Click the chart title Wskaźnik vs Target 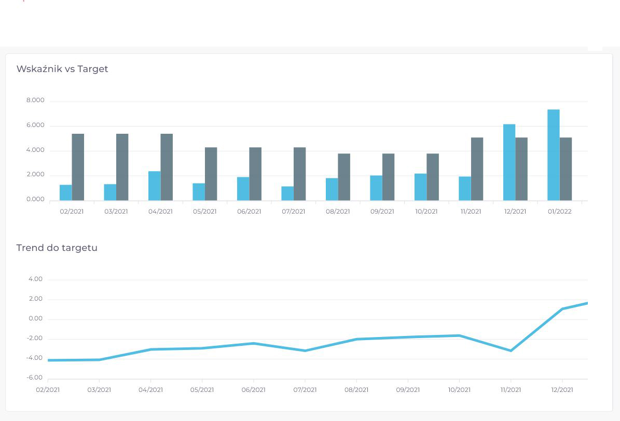(62, 69)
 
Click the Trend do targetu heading (57, 248)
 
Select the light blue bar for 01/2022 (553, 155)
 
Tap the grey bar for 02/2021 (78, 167)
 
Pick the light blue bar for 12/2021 (509, 162)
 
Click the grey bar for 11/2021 (477, 169)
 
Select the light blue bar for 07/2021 (287, 193)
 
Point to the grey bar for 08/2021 (344, 177)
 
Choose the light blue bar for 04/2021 (154, 186)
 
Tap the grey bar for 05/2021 (211, 174)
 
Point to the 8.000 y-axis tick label (35, 101)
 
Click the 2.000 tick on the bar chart (35, 175)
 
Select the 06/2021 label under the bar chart (249, 212)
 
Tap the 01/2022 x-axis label (559, 212)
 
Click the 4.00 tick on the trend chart (35, 279)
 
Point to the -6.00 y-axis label (34, 378)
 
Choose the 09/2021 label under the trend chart (408, 390)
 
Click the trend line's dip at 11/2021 (511, 351)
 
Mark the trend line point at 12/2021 (562, 309)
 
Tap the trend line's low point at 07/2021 (305, 351)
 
